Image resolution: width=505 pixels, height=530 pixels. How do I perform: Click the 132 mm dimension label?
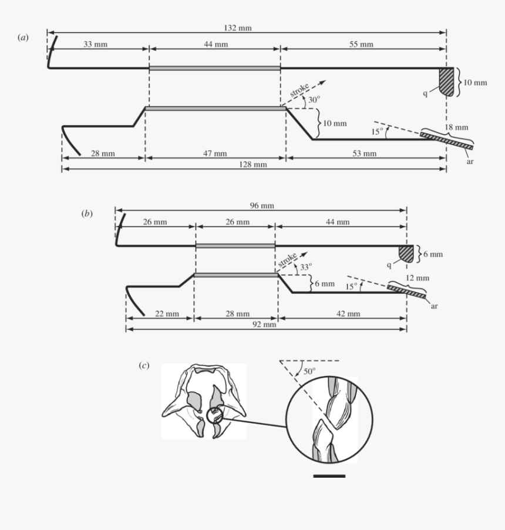246,28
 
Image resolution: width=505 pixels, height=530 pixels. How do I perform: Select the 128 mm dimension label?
254,165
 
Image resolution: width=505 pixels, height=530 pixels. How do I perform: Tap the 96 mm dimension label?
261,206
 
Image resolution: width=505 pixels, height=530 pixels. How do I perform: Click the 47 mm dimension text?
215,153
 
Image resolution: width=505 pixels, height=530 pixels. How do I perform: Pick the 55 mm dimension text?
362,45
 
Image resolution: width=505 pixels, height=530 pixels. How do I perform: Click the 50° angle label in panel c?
309,371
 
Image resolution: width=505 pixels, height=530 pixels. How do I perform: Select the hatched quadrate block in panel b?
406,253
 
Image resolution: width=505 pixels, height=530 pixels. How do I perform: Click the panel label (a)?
23,38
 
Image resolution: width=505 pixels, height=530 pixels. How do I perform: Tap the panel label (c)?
144,365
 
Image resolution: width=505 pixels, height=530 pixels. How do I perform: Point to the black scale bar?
329,475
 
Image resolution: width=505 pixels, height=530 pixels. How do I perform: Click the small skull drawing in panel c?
203,401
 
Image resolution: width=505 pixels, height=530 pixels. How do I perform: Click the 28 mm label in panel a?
103,153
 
